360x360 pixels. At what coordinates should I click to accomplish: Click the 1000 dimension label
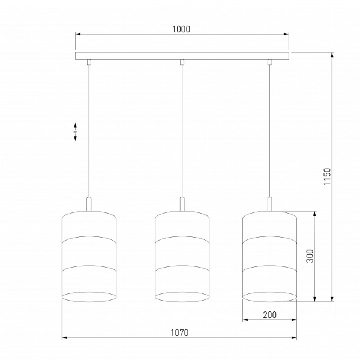click(181, 29)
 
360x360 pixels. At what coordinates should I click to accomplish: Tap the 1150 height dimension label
click(327, 176)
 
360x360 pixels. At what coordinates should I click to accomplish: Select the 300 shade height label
click(310, 256)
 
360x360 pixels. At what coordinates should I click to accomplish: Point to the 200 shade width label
click(270, 315)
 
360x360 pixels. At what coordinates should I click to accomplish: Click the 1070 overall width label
click(179, 332)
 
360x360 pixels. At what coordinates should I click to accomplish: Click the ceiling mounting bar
click(182, 56)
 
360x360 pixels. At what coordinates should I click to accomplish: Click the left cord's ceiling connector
click(89, 62)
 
